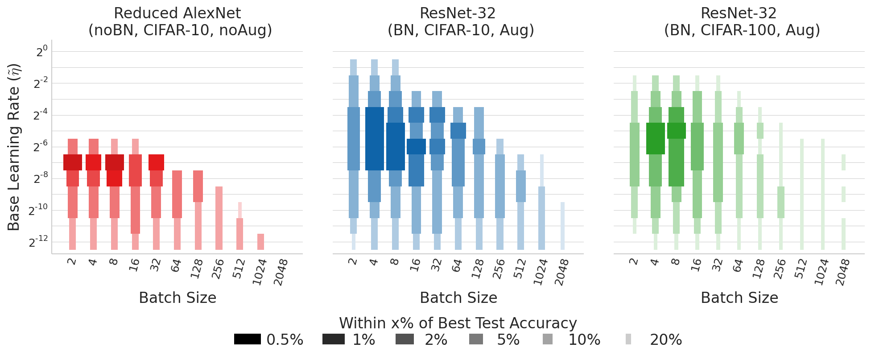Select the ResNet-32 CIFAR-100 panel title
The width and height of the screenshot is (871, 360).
tap(742, 21)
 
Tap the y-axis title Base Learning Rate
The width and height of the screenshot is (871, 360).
tap(14, 147)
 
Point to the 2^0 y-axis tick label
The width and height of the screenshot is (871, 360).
tap(41, 51)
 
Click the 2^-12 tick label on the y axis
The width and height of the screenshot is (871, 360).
tap(38, 242)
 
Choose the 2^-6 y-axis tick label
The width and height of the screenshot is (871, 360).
tap(40, 147)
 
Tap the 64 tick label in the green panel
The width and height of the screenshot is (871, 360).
tap(738, 266)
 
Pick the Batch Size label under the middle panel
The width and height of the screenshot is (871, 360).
tap(458, 298)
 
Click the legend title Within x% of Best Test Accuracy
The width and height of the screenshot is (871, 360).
tap(458, 323)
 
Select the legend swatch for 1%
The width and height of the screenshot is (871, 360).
tap(333, 339)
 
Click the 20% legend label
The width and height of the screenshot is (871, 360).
tap(665, 340)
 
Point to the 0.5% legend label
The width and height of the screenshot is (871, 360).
tap(285, 340)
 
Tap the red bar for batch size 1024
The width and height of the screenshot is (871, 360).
tap(260, 241)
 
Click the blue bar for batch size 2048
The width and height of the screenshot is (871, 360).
tap(562, 226)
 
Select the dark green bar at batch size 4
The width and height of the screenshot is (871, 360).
tap(655, 139)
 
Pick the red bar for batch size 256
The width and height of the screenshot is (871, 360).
tap(219, 218)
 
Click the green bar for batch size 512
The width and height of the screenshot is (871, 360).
tap(801, 194)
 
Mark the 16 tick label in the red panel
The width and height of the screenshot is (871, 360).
tap(134, 266)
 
